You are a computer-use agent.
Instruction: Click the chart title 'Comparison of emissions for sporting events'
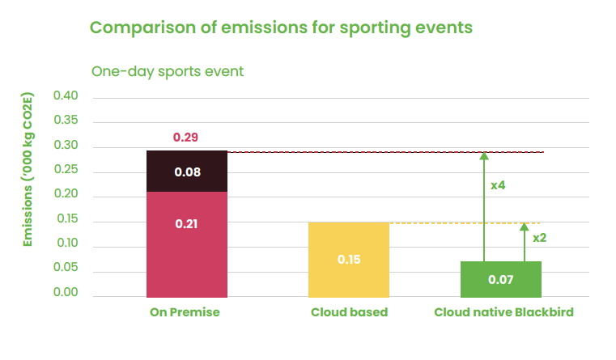tap(281, 28)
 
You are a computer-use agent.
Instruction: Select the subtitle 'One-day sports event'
tap(168, 71)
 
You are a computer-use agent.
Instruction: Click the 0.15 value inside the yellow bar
tap(349, 260)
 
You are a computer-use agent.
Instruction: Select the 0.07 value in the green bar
tap(501, 280)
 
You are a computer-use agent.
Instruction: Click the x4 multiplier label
tap(498, 185)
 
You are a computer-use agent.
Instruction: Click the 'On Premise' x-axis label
tap(185, 312)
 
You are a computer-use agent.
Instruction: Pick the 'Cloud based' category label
tap(349, 312)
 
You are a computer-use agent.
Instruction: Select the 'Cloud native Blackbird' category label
tap(503, 312)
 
